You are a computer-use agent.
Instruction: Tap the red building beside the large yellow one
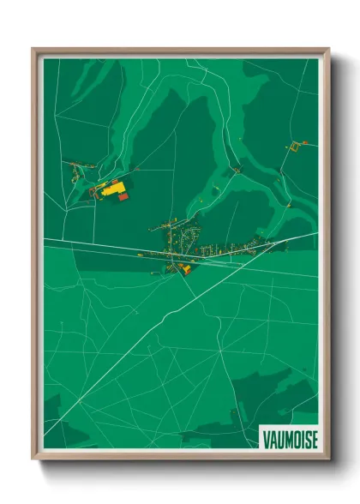coord(123,197)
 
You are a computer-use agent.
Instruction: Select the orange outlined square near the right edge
coord(294,147)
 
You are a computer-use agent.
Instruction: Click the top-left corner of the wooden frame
coord(33,49)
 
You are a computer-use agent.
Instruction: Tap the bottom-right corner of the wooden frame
coord(328,460)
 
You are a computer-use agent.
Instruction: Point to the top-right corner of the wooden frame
coord(328,49)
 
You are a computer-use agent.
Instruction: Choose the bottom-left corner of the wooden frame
coord(33,460)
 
